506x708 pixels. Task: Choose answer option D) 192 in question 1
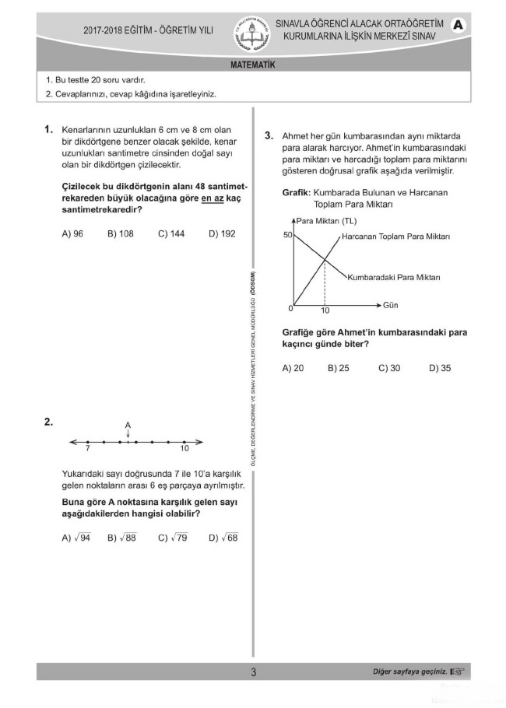click(222, 233)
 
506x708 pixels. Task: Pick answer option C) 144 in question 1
click(171, 233)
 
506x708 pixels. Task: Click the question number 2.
click(48, 422)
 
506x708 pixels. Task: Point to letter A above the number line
click(128, 424)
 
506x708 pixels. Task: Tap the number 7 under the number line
click(88, 449)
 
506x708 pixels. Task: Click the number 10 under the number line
click(184, 449)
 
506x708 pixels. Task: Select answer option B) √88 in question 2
click(122, 538)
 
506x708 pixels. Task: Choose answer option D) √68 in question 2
click(223, 538)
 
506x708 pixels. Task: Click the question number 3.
click(268, 135)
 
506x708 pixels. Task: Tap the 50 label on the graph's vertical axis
click(286, 235)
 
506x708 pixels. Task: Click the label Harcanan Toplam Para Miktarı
click(396, 236)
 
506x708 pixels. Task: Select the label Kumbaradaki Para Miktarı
click(394, 277)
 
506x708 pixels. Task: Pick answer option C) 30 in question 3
click(389, 368)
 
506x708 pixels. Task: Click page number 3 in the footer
click(253, 672)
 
